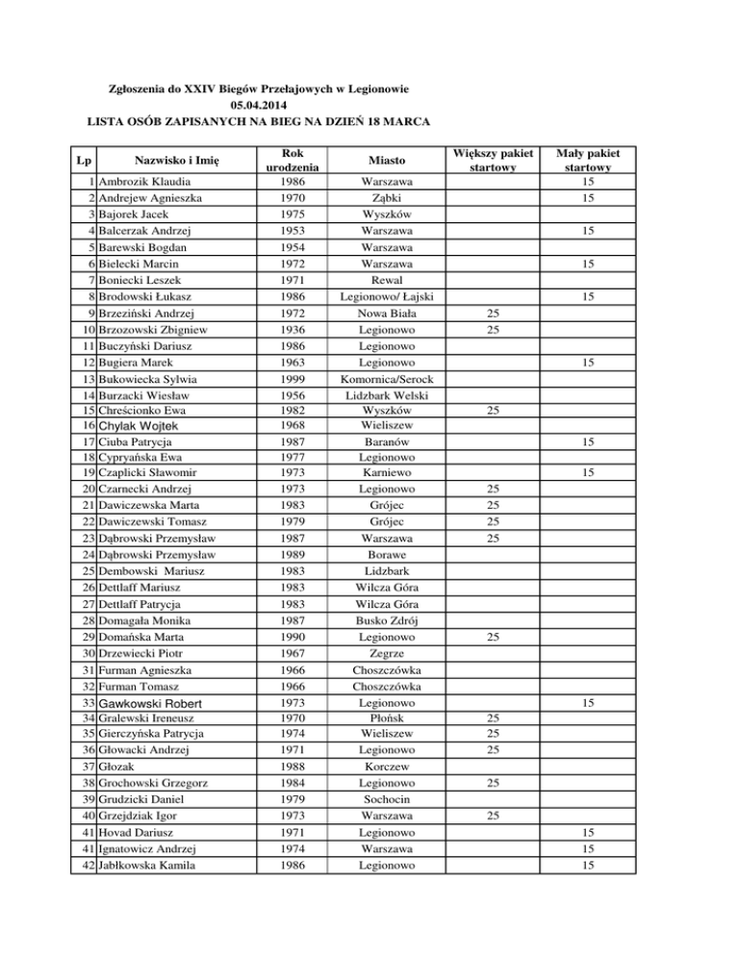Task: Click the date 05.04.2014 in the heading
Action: coord(259,104)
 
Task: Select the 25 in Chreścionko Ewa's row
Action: coord(492,411)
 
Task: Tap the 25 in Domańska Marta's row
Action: coord(492,638)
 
